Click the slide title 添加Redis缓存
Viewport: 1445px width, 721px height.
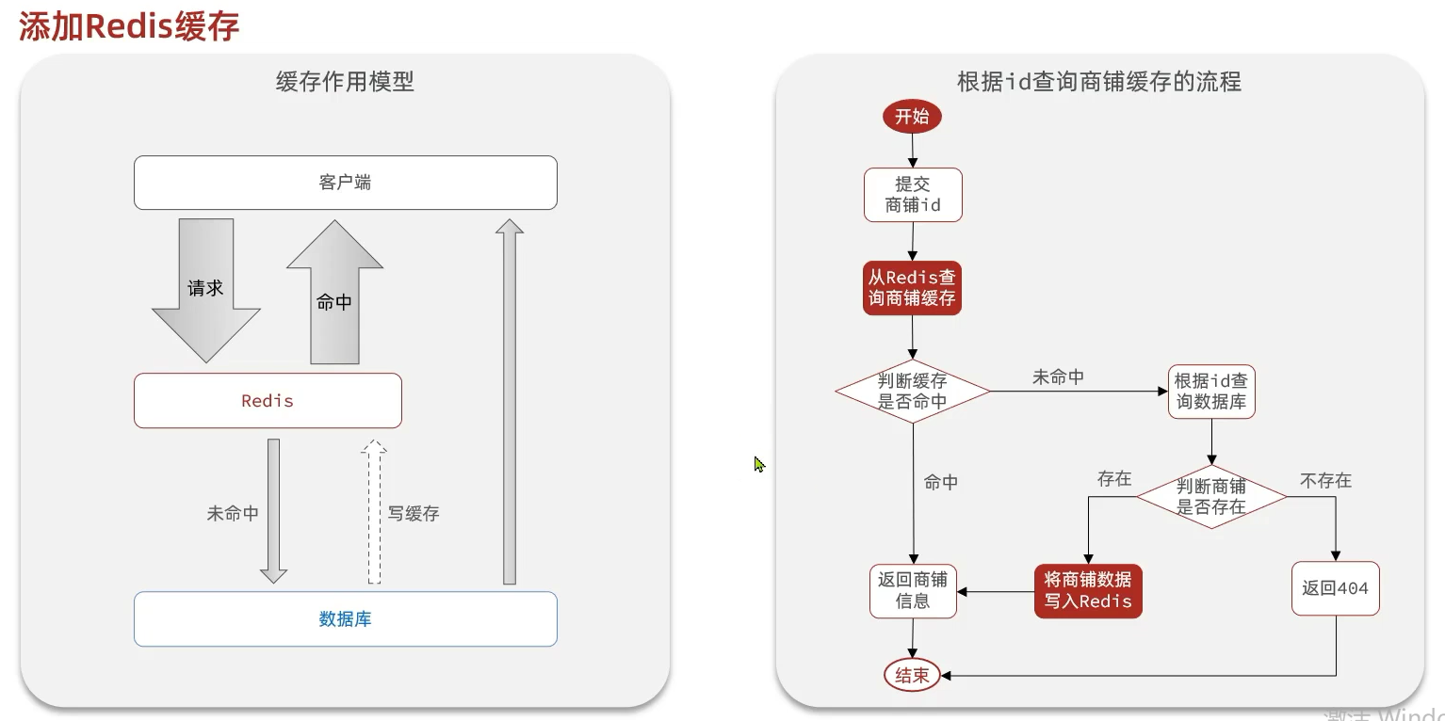click(129, 25)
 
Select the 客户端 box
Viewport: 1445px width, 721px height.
click(345, 183)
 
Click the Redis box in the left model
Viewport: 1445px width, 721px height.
click(268, 401)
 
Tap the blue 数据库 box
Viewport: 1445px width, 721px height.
click(345, 619)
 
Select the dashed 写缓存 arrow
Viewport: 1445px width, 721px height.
click(374, 512)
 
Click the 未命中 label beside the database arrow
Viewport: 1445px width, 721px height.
click(233, 514)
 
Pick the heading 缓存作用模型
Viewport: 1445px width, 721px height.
click(345, 82)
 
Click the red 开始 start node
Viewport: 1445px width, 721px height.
click(911, 117)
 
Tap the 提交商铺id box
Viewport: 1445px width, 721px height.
click(913, 195)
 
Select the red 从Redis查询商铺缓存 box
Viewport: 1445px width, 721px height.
click(912, 288)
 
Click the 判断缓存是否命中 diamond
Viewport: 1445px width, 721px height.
click(912, 392)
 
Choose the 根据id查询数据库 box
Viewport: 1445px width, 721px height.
click(1210, 392)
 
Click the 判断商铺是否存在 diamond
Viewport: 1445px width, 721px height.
click(1210, 496)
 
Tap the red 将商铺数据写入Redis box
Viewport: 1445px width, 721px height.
click(1088, 591)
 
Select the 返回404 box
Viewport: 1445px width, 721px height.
click(1335, 589)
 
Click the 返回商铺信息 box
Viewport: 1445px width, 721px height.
click(912, 591)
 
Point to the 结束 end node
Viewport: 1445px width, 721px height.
click(912, 675)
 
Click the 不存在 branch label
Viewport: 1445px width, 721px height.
click(1325, 481)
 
